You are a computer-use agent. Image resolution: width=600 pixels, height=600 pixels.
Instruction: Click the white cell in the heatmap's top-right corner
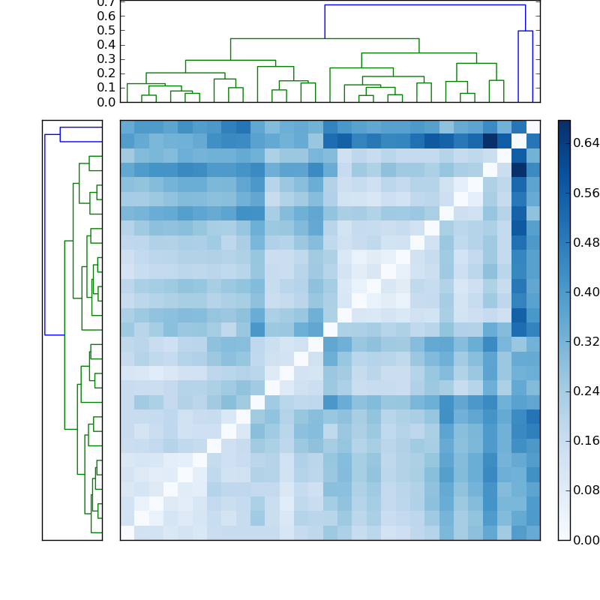(x=533, y=126)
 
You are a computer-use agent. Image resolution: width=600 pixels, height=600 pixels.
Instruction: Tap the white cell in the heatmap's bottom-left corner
(x=127, y=532)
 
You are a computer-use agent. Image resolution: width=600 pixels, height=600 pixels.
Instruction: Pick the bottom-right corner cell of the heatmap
(x=533, y=532)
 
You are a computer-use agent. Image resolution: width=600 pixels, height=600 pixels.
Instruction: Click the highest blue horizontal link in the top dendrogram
(x=424, y=5)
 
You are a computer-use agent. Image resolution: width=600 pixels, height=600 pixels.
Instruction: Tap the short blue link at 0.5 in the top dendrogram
(x=525, y=31)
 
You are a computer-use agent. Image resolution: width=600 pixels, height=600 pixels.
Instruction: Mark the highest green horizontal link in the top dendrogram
(x=324, y=38)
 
